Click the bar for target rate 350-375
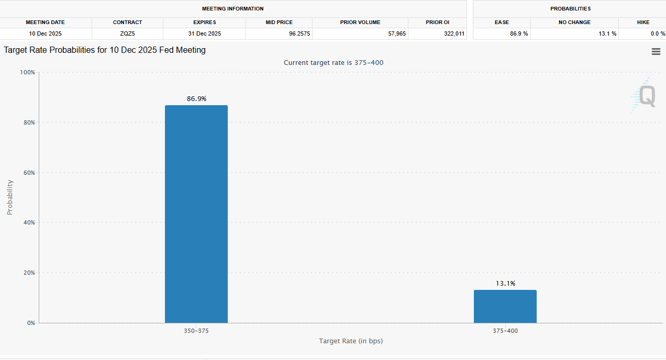coord(196,214)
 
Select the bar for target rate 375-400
coord(505,306)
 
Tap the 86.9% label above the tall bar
coord(196,98)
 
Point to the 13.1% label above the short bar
coord(505,283)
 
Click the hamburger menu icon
coord(656,51)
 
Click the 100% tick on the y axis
coord(27,72)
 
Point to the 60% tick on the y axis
coord(28,173)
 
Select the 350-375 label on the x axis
coord(196,331)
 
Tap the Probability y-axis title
coord(10,197)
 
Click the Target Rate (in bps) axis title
coord(351,341)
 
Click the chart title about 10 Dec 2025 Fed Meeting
coord(105,50)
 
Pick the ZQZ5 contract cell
coord(127,33)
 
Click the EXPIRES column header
coord(204,22)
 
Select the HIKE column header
coord(643,22)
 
